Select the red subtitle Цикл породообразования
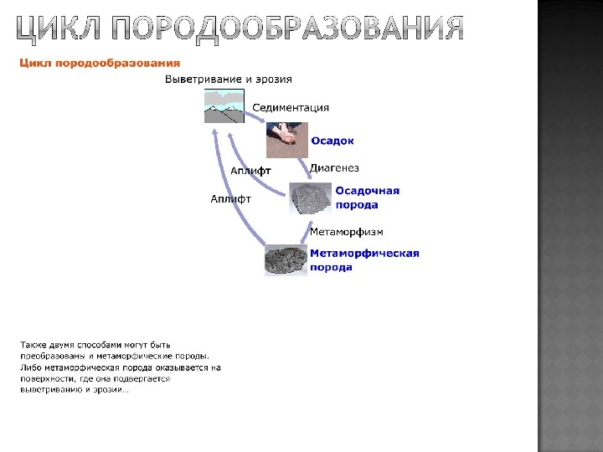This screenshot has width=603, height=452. coord(100,62)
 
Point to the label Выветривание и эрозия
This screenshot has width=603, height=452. coord(228,80)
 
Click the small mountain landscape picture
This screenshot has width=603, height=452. coord(224,106)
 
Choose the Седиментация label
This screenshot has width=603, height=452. coord(291,107)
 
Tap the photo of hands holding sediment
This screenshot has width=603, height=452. coord(286,139)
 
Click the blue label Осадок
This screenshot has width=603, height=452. coord(332,141)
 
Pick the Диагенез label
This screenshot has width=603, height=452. coord(334,168)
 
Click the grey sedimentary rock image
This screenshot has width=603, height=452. coord(311,198)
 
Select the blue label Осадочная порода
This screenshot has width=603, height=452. coord(368,198)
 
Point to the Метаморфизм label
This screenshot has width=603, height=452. coord(347,231)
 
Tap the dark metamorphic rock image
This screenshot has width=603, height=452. coord(286,259)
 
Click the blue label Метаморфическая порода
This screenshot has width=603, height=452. coord(364,259)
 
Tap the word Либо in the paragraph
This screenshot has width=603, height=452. coord(31,367)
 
